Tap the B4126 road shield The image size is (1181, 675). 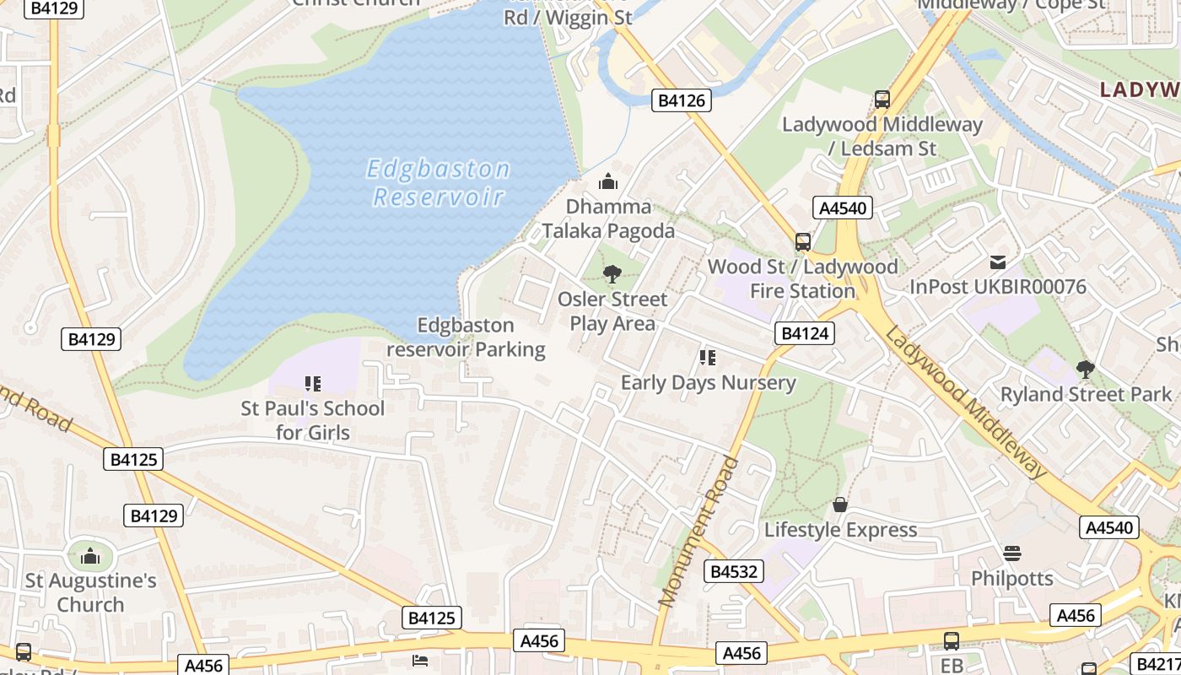coord(682,101)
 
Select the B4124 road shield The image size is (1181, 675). coord(805,333)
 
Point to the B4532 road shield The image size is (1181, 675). coord(734,572)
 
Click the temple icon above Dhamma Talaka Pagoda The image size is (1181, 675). coord(607,181)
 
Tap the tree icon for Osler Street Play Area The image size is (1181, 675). coord(612,274)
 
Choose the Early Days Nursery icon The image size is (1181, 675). coord(708,358)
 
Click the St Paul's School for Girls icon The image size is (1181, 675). coord(313,384)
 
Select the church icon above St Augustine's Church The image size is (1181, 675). coord(90,556)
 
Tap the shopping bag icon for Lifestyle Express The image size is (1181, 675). coord(840,505)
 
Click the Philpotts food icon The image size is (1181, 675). coord(1012,553)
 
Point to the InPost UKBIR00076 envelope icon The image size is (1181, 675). coord(998,262)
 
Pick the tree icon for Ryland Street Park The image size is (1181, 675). coord(1086,370)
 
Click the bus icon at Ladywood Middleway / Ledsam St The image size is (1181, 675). coord(882,100)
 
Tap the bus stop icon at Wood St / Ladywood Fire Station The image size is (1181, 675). coord(803,242)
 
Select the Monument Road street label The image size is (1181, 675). coord(699,532)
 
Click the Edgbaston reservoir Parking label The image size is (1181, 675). coord(466,337)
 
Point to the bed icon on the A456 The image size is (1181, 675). coord(420,660)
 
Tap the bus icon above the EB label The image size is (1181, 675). coord(952,641)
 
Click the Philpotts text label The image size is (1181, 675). coord(1012,579)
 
